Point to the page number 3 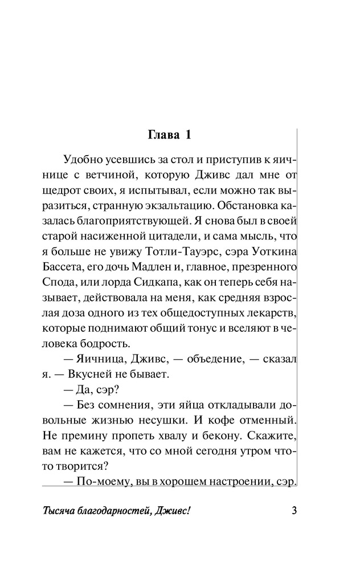[x=294, y=510]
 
